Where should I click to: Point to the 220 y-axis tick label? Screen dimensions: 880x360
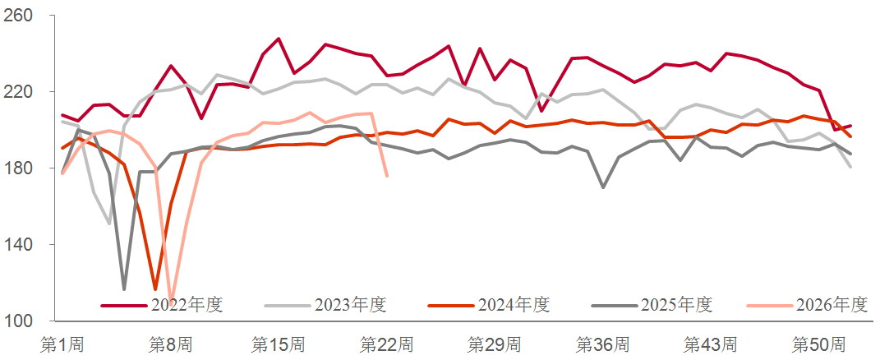[19, 91]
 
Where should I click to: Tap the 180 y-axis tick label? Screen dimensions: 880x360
[19, 168]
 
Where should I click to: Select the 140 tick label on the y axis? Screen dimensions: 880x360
[19, 244]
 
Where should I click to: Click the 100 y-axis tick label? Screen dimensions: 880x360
[19, 321]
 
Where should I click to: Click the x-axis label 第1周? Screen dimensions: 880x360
[62, 344]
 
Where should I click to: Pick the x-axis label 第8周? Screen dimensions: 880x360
[171, 344]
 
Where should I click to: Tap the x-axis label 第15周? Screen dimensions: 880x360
[279, 344]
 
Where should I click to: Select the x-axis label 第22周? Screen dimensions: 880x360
[387, 344]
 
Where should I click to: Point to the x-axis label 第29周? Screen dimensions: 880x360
[495, 344]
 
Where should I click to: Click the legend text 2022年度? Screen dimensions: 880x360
[187, 305]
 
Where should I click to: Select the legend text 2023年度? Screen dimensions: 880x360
[351, 305]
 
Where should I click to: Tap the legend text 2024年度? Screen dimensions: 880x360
[514, 305]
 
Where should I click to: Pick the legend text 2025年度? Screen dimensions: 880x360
[677, 305]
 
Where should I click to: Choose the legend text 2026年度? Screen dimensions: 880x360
[832, 305]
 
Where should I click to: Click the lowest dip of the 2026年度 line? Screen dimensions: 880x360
[171, 302]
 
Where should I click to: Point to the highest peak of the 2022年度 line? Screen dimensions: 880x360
[279, 39]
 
